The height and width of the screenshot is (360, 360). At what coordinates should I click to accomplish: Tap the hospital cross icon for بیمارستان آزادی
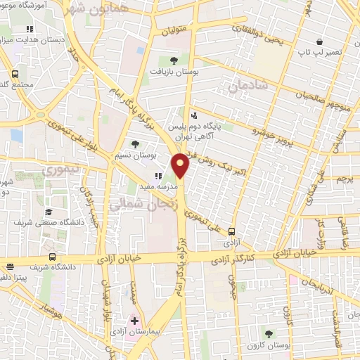tap(134, 321)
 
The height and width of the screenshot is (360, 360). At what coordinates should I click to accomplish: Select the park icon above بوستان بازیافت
tap(174, 60)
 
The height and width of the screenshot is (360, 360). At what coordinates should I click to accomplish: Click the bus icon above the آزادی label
tap(231, 230)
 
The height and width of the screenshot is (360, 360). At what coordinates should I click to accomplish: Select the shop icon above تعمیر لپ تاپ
tap(319, 42)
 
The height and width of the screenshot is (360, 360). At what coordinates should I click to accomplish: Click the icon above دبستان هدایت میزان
tap(29, 30)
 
